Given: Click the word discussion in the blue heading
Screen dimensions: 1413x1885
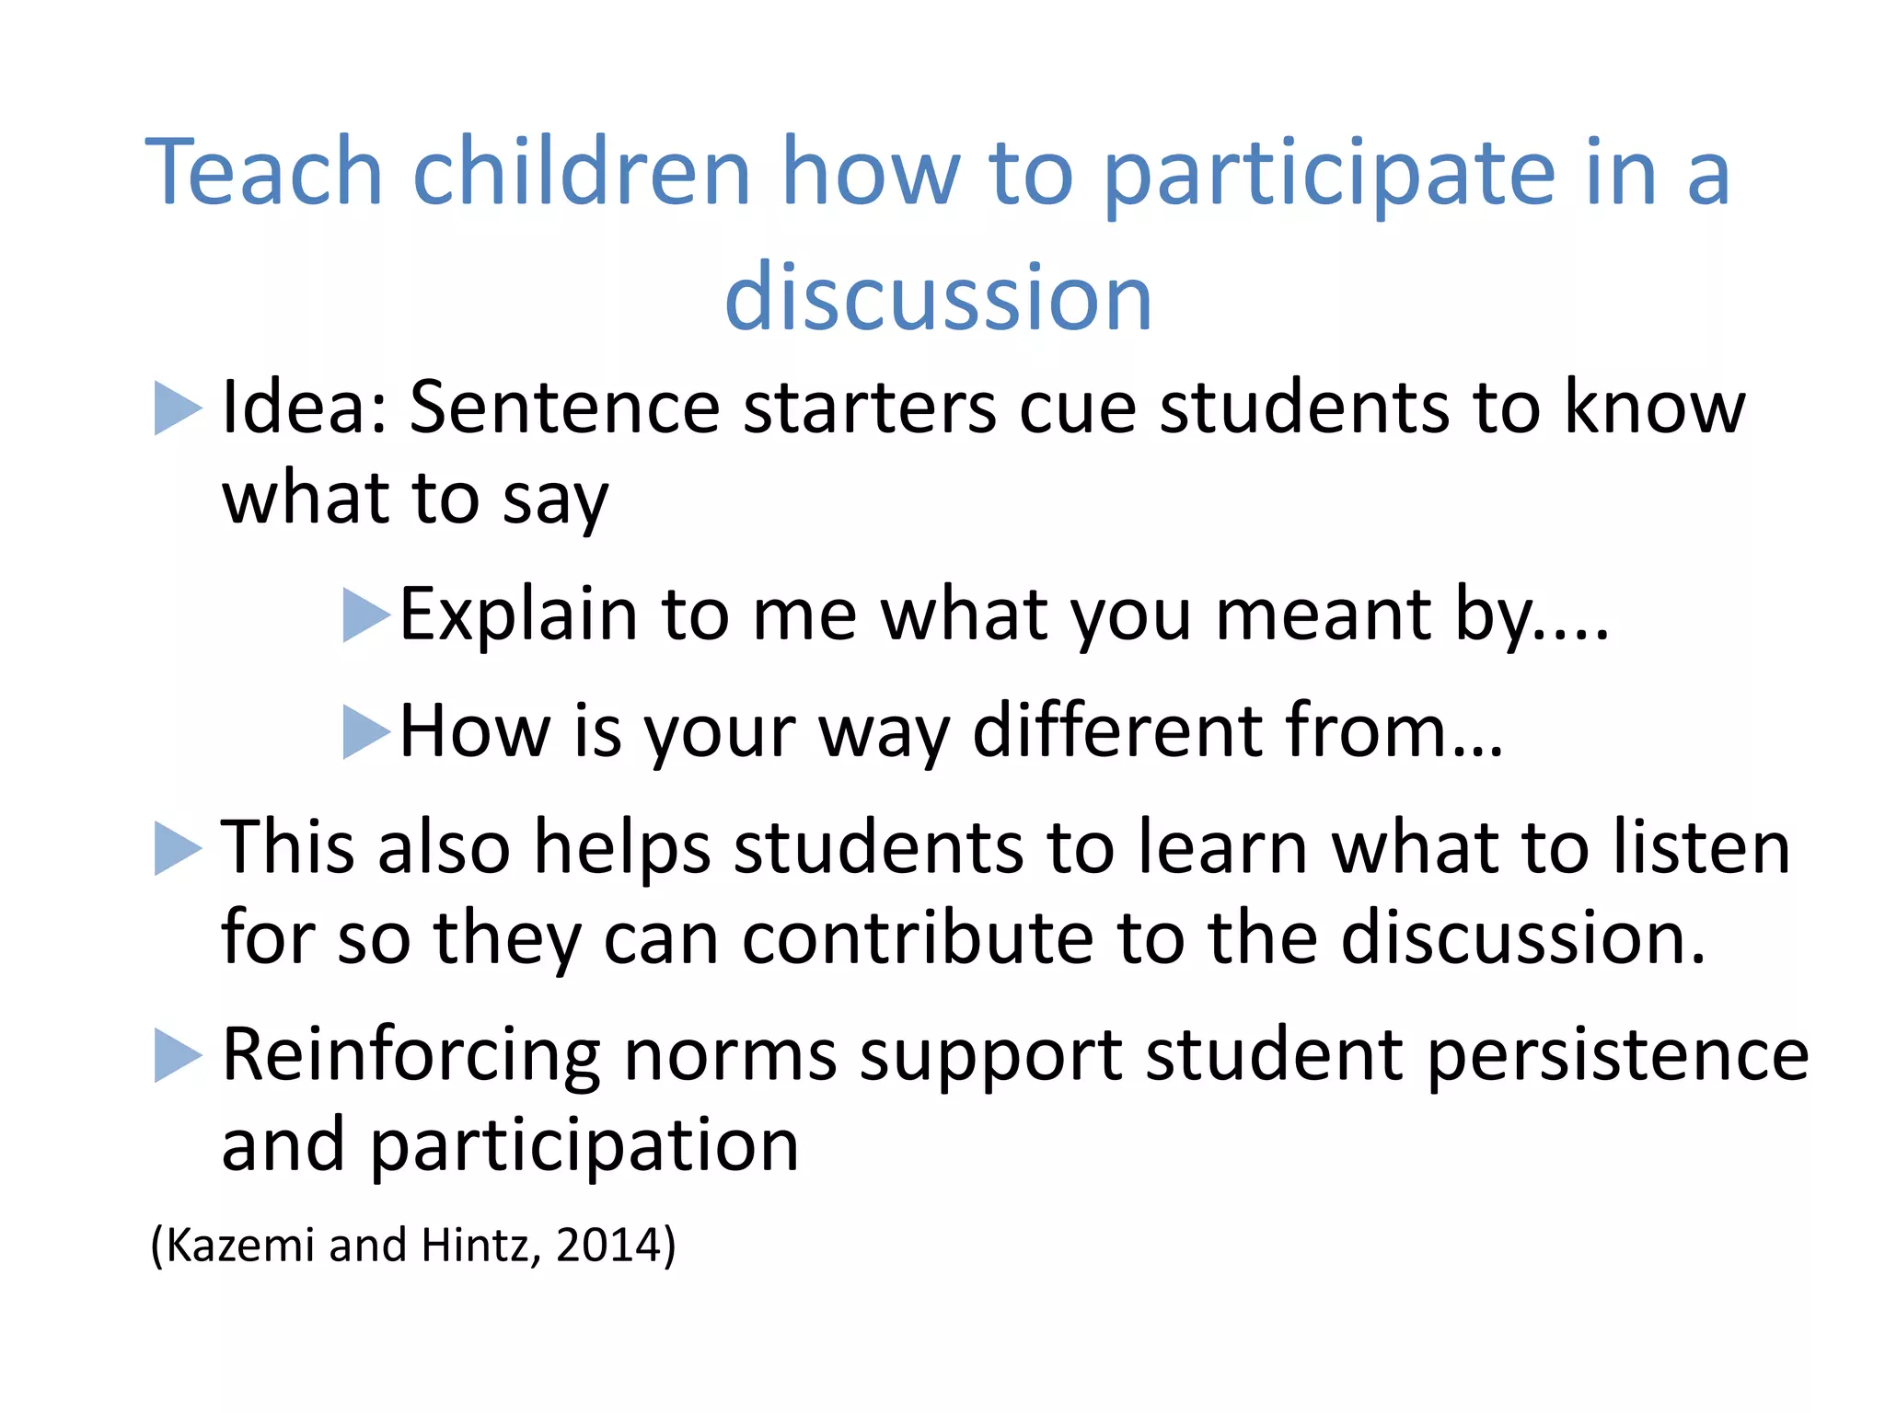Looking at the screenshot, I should click(938, 297).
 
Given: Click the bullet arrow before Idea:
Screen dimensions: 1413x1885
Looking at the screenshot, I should click(178, 408).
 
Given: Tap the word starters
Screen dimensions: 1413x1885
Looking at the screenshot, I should click(869, 408).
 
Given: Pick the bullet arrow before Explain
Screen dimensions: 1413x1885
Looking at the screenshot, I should click(366, 615).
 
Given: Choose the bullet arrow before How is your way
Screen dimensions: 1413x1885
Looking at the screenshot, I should click(366, 731).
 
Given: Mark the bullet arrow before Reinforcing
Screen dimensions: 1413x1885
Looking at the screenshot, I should click(178, 1055).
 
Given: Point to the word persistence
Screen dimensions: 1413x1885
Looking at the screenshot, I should click(1617, 1055).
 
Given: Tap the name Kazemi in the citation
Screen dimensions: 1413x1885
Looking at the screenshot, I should click(240, 1245).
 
